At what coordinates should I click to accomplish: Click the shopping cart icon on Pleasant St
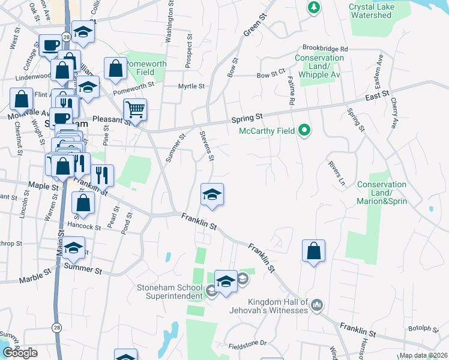tap(135, 110)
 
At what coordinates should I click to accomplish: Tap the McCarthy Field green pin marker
tap(304, 130)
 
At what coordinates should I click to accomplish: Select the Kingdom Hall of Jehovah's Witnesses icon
tap(318, 305)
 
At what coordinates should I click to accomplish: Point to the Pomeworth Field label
tap(141, 68)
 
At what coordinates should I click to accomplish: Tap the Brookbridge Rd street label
tap(325, 48)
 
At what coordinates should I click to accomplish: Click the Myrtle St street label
tap(191, 86)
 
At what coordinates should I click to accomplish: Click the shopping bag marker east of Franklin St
tap(313, 250)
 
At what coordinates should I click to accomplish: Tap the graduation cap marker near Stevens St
tap(212, 194)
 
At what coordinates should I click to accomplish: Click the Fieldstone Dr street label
tap(247, 344)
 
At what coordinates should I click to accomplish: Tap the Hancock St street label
tap(85, 227)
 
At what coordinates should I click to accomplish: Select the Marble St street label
tap(35, 277)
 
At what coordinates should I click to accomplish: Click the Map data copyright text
tap(423, 355)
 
